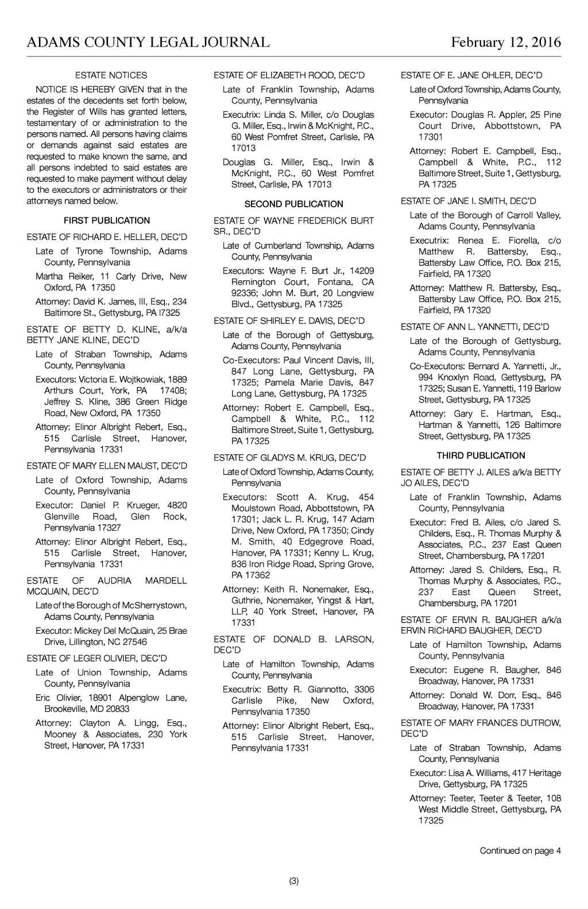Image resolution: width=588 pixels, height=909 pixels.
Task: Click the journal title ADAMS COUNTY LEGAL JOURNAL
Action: click(x=148, y=42)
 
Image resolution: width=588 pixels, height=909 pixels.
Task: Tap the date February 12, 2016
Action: click(x=506, y=42)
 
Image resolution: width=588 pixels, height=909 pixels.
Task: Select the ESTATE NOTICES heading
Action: click(x=111, y=75)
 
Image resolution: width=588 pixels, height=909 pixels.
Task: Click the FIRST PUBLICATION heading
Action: click(x=107, y=221)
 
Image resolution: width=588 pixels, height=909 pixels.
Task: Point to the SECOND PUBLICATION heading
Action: click(x=294, y=204)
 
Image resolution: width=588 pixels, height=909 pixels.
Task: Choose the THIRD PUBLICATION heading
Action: click(x=481, y=455)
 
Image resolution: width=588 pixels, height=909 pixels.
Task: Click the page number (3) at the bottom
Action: click(x=294, y=881)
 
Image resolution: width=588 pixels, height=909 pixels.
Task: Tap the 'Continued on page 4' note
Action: click(x=520, y=850)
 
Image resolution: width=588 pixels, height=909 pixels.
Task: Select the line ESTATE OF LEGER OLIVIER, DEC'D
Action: click(x=97, y=658)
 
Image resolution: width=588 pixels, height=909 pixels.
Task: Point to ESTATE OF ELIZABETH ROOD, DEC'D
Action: click(x=289, y=75)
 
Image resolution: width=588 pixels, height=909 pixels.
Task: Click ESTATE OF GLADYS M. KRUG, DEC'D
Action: click(x=289, y=458)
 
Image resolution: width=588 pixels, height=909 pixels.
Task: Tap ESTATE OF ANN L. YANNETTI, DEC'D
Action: click(x=475, y=327)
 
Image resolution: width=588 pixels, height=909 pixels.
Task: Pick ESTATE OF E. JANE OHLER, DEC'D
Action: click(x=471, y=75)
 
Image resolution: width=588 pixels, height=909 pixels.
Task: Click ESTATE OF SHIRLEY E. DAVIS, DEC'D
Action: click(x=289, y=321)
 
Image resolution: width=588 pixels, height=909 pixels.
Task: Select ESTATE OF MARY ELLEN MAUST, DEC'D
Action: click(x=107, y=466)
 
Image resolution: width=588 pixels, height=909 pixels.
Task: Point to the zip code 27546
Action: click(x=135, y=642)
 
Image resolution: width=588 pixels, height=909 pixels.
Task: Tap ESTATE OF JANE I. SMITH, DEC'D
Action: click(x=469, y=201)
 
